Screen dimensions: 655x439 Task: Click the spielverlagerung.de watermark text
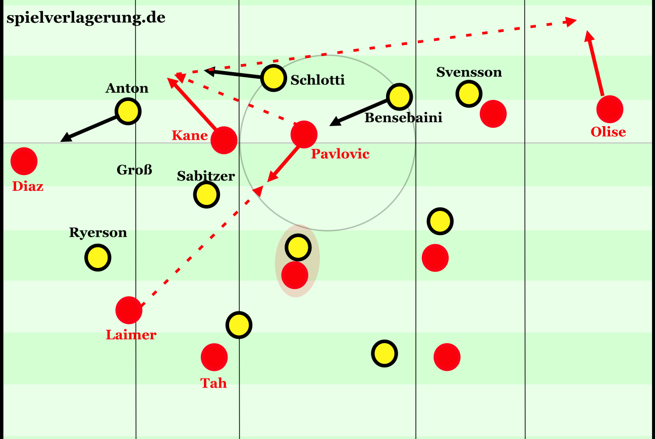coord(86,18)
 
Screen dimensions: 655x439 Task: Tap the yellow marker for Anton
coord(128,112)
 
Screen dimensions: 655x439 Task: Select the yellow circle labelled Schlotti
coord(274,78)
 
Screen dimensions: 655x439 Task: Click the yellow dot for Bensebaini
coord(399,97)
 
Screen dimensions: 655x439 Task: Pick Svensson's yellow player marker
coord(469,93)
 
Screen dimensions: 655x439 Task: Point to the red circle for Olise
coord(610,109)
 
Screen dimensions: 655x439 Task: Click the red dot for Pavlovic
coord(304,134)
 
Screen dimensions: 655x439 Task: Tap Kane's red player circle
coord(224,140)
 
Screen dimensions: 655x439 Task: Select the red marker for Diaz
coord(24,161)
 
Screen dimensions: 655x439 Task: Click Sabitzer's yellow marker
coord(206,194)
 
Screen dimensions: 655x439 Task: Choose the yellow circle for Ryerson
coord(98,258)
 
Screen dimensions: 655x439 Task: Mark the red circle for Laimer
coord(129,310)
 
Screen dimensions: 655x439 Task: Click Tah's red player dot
coord(214,357)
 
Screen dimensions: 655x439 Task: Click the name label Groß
coord(134,170)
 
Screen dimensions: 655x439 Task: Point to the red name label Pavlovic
coord(340,154)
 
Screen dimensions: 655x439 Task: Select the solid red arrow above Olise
coord(593,63)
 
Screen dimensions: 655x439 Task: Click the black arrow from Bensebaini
coord(358,113)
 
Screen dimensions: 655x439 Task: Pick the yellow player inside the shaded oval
coord(298,247)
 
